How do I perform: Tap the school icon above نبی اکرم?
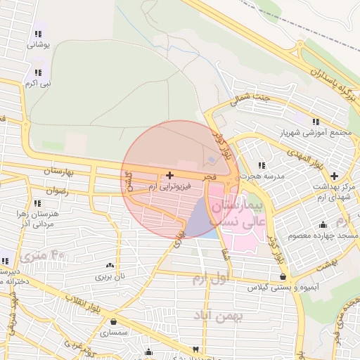(x=37, y=72)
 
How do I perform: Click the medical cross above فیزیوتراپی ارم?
(x=169, y=174)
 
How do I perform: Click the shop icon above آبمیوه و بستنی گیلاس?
(x=283, y=276)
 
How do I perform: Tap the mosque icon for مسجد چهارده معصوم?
(x=323, y=225)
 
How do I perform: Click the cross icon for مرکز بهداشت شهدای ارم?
(x=333, y=174)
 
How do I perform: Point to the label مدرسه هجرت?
(x=260, y=176)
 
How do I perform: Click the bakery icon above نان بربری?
(x=109, y=265)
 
